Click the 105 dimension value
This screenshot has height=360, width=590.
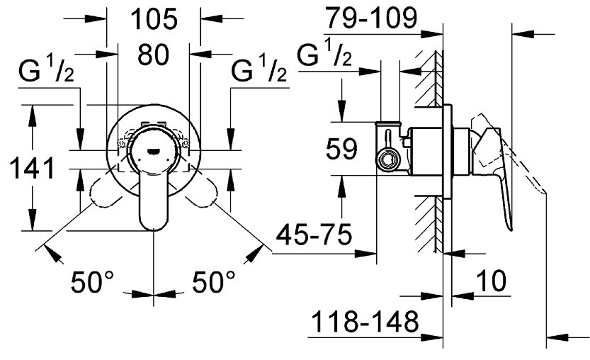[154, 19]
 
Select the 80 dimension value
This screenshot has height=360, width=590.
[153, 55]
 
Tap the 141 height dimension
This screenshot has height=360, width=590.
[32, 169]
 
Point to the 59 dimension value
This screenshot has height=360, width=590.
[341, 149]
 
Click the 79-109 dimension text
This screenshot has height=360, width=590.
[371, 18]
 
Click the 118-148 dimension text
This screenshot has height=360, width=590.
[365, 322]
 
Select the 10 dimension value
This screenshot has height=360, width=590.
[491, 281]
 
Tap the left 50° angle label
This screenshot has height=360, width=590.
[92, 282]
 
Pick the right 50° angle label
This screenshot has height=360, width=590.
[214, 282]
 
